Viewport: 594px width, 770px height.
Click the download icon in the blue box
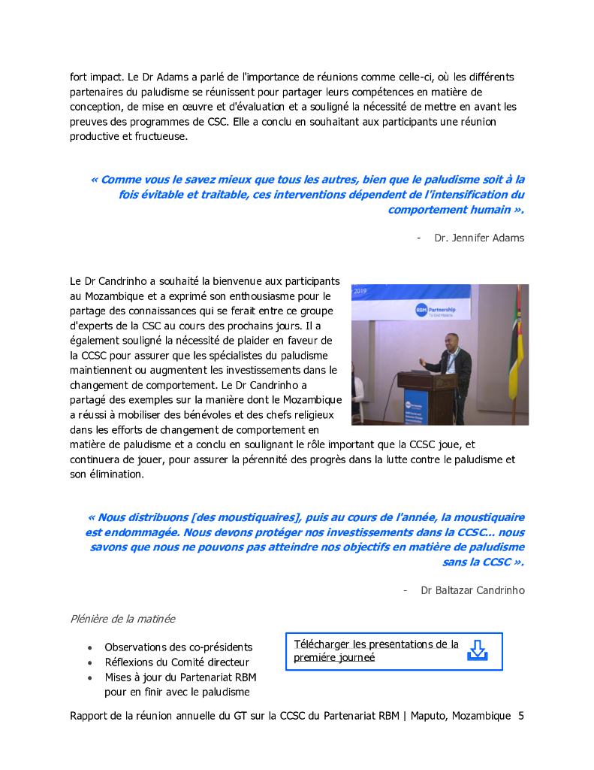pos(477,650)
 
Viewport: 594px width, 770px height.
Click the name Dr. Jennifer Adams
pos(479,238)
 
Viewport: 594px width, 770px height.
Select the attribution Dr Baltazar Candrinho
pos(472,590)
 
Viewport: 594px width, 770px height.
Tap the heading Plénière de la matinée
pos(122,619)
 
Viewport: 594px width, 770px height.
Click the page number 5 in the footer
pos(521,716)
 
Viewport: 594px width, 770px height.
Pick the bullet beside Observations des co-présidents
pos(91,647)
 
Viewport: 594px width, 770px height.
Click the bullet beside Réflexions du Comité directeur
pos(91,662)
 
